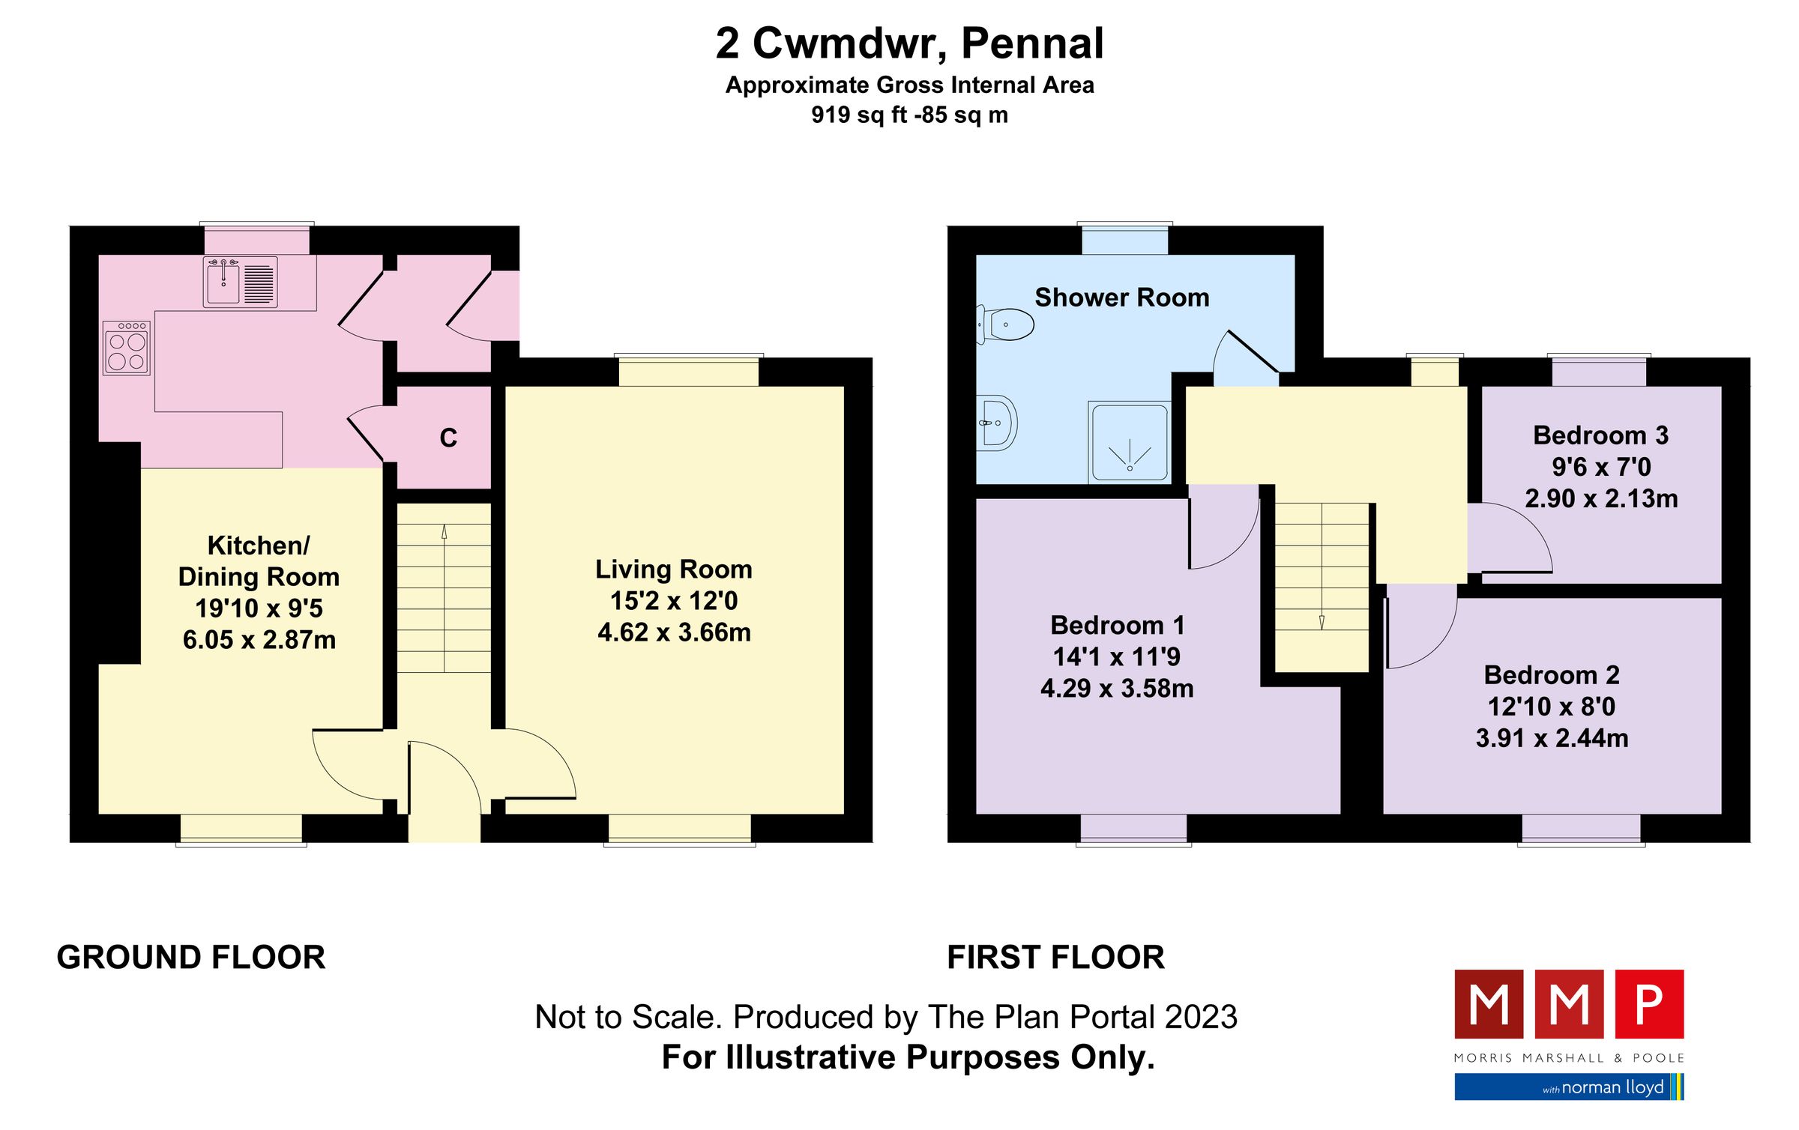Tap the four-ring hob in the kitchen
tap(127, 348)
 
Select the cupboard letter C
tap(448, 438)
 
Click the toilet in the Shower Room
tap(1007, 324)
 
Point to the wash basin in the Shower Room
tap(996, 423)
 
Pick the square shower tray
tap(1130, 443)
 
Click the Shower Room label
tap(1121, 297)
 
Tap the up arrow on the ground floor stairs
tap(445, 533)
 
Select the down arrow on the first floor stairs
tap(1322, 621)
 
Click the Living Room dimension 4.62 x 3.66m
tap(674, 632)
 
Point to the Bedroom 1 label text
tap(1117, 625)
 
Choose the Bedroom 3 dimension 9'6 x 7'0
tap(1601, 467)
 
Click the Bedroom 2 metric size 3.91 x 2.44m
tap(1552, 738)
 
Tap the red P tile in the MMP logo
tap(1649, 1004)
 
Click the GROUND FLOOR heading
tap(191, 958)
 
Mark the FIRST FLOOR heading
tap(1055, 958)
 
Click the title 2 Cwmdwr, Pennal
tap(909, 43)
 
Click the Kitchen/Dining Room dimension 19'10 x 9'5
tap(259, 608)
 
